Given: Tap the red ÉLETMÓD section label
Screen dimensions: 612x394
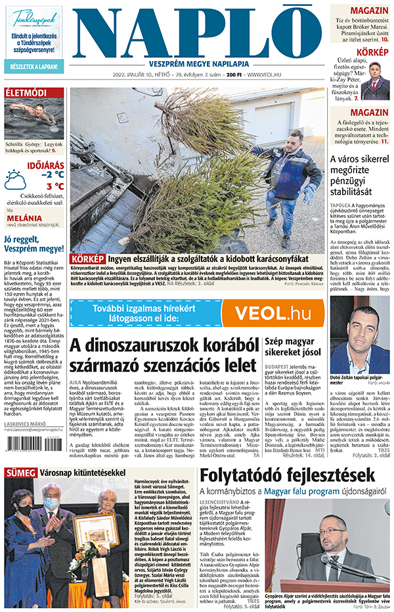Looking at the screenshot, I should pos(26,93).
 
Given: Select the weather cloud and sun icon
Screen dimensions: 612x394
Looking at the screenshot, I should pos(15,179).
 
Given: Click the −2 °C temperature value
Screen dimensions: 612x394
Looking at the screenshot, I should pos(52,174).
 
